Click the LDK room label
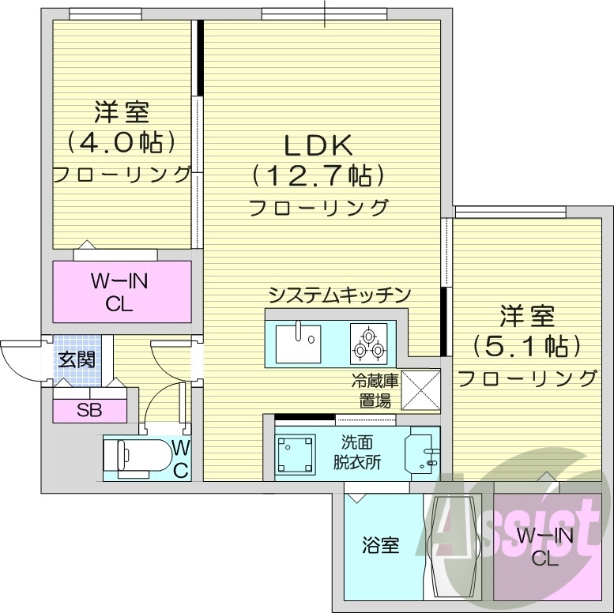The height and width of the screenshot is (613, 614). pyautogui.click(x=318, y=145)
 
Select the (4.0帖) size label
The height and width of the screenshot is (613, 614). pyautogui.click(x=120, y=142)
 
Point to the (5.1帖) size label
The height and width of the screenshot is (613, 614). pyautogui.click(x=526, y=346)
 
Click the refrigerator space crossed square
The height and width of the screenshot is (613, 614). pyautogui.click(x=420, y=390)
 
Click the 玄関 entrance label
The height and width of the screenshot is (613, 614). pyautogui.click(x=77, y=360)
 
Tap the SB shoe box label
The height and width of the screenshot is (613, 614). pyautogui.click(x=89, y=410)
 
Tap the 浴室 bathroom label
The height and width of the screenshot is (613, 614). pyautogui.click(x=380, y=544)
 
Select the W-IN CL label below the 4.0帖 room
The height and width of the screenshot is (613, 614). pyautogui.click(x=122, y=291)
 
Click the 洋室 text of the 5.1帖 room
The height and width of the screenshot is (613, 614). pyautogui.click(x=526, y=318)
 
